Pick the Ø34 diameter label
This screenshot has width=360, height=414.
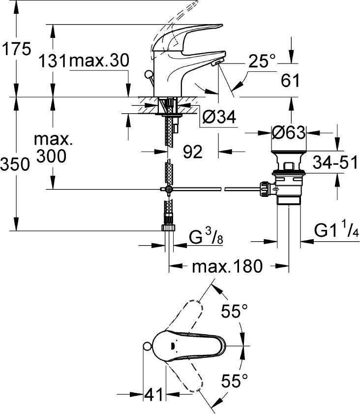(x=219, y=117)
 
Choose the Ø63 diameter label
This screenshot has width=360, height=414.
(x=289, y=133)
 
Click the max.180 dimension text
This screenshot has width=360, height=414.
(x=227, y=268)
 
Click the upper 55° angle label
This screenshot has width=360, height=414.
(x=234, y=312)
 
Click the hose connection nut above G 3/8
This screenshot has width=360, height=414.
(x=168, y=227)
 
